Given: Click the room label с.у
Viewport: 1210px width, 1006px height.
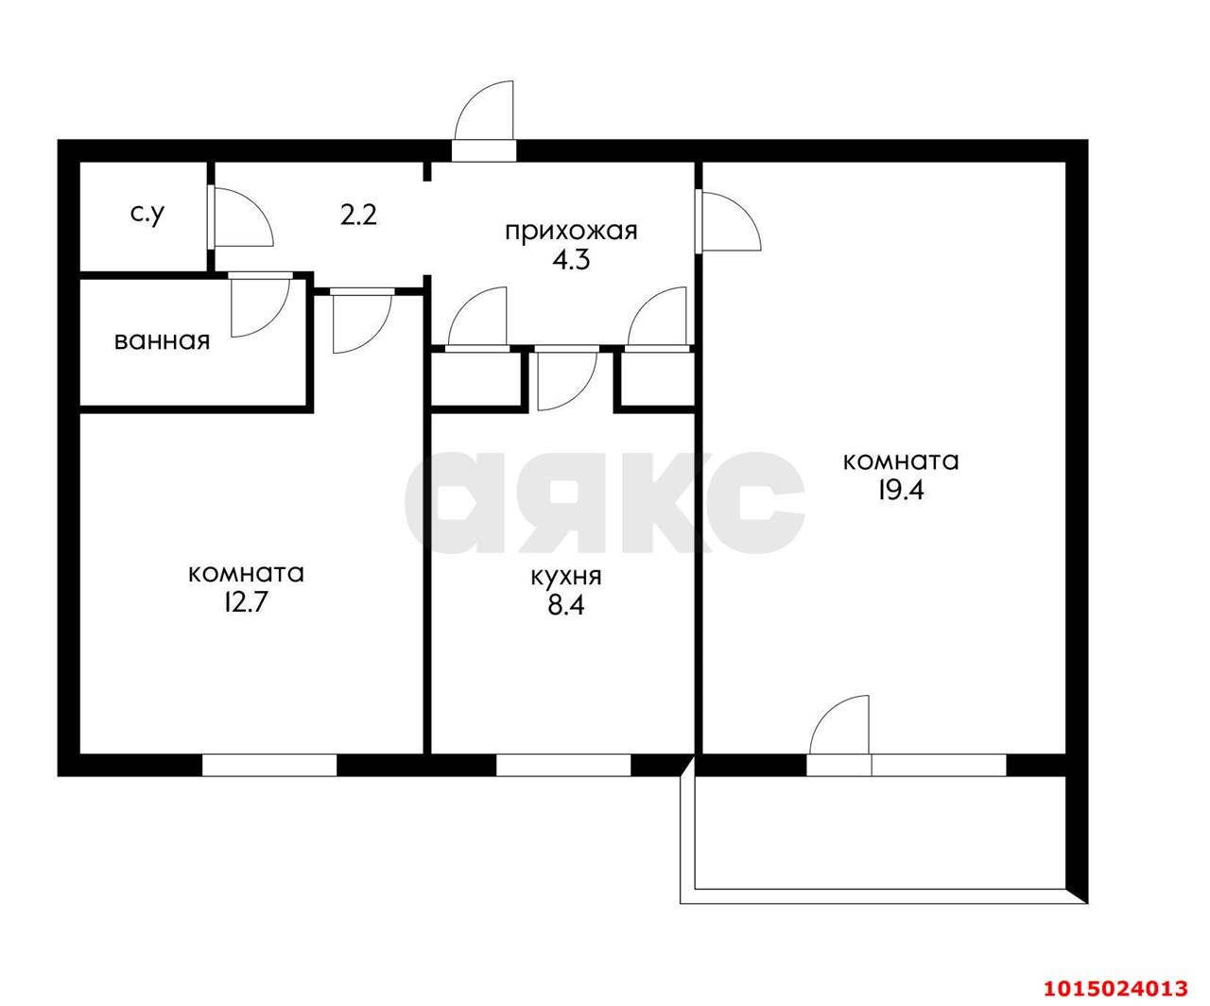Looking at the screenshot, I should click(x=147, y=216).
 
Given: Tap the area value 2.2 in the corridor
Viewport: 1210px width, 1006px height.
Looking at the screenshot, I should click(x=359, y=216).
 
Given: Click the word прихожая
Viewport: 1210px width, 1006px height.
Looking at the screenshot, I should click(x=571, y=231).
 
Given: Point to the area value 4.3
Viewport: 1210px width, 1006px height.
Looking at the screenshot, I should click(x=571, y=259).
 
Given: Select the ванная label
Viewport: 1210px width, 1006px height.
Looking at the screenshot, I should click(x=162, y=340).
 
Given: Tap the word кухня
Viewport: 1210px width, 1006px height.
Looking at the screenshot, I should click(x=567, y=576).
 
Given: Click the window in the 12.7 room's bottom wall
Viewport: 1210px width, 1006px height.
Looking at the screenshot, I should click(x=269, y=764).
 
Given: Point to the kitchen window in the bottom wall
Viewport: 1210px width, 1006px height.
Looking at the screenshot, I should click(x=563, y=764).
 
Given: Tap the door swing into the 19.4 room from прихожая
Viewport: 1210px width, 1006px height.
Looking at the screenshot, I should click(x=729, y=221).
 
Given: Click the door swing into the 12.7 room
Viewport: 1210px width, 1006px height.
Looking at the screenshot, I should click(x=360, y=321).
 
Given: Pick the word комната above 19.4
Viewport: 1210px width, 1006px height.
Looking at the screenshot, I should click(x=900, y=461).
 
